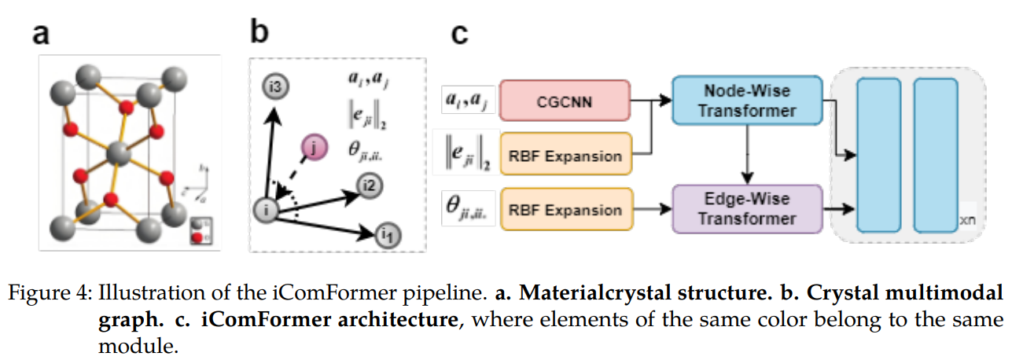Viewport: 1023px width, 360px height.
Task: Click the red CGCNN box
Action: pyautogui.click(x=565, y=101)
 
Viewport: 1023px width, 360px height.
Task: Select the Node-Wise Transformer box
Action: pyautogui.click(x=748, y=100)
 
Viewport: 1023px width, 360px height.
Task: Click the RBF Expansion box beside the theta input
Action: pyautogui.click(x=565, y=209)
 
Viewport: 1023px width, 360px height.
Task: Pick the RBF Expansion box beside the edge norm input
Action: pyautogui.click(x=565, y=155)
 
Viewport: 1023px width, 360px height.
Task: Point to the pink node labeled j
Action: pyautogui.click(x=315, y=147)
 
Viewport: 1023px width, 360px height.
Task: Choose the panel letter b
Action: pyautogui.click(x=260, y=33)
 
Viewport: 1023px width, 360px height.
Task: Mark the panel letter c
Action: pyautogui.click(x=459, y=35)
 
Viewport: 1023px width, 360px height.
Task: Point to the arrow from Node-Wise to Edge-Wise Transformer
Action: pyautogui.click(x=748, y=153)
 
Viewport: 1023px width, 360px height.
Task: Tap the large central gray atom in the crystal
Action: pyautogui.click(x=119, y=151)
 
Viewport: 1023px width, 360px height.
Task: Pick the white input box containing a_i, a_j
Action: pyautogui.click(x=468, y=101)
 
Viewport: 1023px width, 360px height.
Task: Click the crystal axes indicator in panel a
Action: pyautogui.click(x=197, y=186)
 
